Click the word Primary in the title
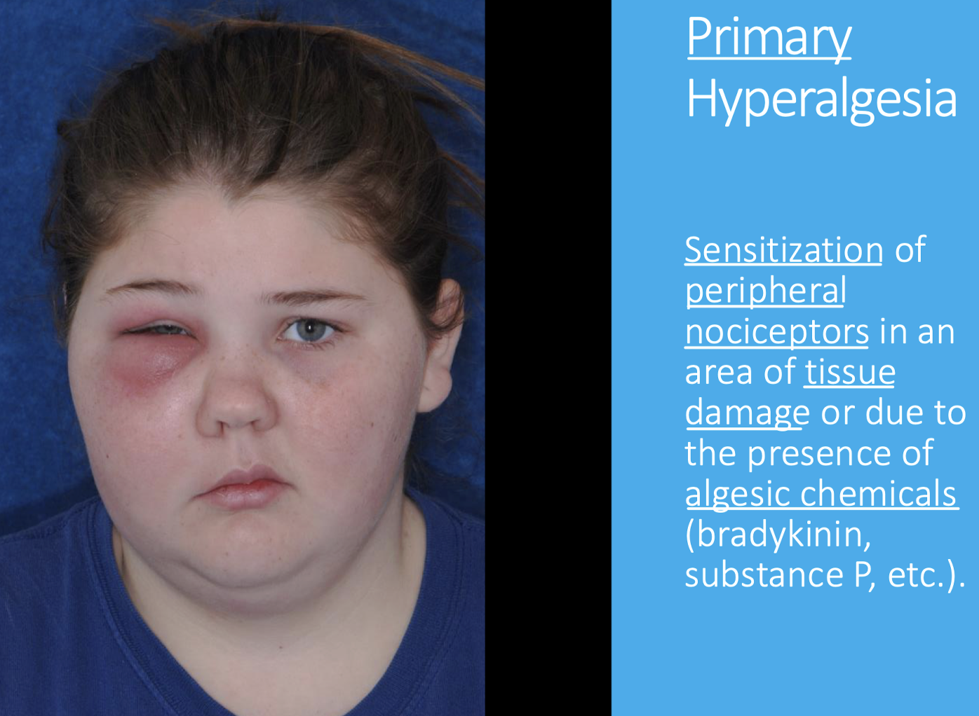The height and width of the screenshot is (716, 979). (769, 39)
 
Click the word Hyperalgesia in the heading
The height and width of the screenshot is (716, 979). (822, 101)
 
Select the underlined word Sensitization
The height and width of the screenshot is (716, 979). (783, 250)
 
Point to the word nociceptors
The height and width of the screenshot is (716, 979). (776, 333)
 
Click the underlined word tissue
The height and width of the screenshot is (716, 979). (849, 373)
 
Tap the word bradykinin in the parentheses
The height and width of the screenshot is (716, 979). (778, 535)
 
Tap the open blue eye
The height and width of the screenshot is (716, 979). (309, 329)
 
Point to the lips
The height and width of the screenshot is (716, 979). (243, 488)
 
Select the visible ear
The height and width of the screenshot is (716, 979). (440, 345)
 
